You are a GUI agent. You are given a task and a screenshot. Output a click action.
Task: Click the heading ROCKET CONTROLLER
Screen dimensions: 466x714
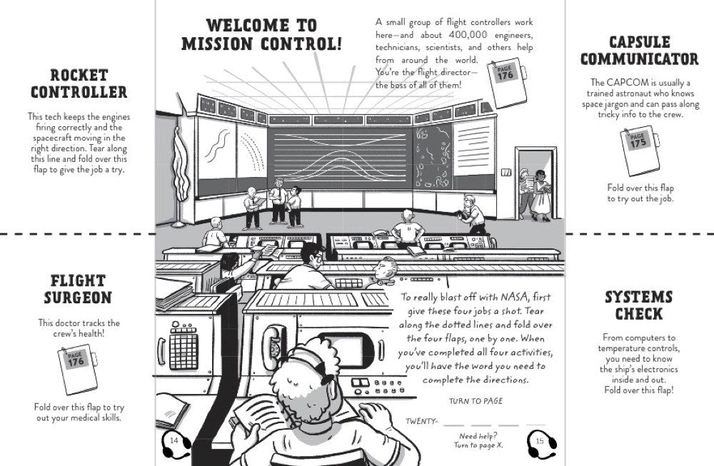pyautogui.click(x=79, y=83)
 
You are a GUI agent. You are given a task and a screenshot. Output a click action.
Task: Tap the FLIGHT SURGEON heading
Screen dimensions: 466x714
pyautogui.click(x=79, y=289)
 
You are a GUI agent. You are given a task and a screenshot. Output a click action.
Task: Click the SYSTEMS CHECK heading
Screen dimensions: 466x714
pyautogui.click(x=639, y=305)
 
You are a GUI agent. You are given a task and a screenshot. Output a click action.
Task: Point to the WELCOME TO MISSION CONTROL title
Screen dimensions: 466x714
pyautogui.click(x=261, y=35)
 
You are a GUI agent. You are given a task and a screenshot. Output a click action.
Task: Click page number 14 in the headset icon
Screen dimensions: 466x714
pyautogui.click(x=174, y=441)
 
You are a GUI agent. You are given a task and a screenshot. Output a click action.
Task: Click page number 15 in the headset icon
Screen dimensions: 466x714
pyautogui.click(x=540, y=441)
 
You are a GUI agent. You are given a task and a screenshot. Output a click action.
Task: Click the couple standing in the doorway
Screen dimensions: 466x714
pyautogui.click(x=533, y=193)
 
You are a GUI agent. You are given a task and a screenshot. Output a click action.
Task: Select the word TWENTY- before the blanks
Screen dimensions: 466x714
pyautogui.click(x=421, y=421)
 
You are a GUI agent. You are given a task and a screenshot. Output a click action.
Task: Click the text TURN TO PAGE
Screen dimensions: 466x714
pyautogui.click(x=475, y=401)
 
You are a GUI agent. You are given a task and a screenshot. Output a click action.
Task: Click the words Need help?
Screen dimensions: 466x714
pyautogui.click(x=478, y=435)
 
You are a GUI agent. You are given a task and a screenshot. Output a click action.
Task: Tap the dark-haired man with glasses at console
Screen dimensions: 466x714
pyautogui.click(x=311, y=264)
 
